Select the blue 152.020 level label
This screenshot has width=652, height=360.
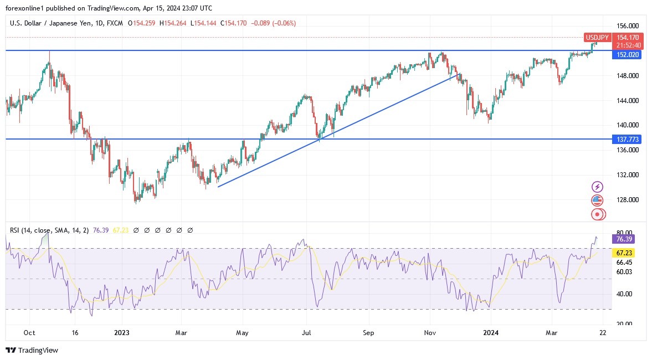627,54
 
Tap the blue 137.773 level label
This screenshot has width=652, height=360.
627,138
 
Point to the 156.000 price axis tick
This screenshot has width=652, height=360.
628,26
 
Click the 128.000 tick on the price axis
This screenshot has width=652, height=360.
628,200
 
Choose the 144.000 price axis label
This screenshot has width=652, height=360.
628,100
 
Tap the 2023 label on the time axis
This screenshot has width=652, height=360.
121,333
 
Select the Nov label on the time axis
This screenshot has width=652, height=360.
430,333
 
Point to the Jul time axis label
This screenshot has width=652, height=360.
305,333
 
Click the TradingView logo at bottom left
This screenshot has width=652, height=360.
32,350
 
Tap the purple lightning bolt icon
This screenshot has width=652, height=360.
597,187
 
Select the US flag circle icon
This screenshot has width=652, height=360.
597,200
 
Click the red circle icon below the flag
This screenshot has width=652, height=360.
597,214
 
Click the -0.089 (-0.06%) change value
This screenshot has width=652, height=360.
274,23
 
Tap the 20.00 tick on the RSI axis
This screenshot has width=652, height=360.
624,324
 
